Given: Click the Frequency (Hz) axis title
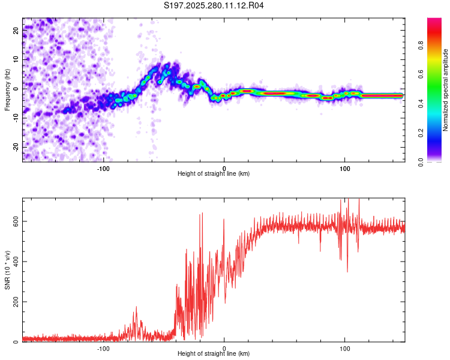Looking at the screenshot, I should [x=7, y=89].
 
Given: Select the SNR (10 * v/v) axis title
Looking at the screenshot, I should [x=7, y=269].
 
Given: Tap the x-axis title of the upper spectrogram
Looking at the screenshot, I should [x=214, y=173].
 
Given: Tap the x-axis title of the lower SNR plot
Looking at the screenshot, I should [x=214, y=353].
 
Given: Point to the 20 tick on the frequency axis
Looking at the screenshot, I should [x=15, y=30].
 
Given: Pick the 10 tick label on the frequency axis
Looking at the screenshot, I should [x=15, y=59].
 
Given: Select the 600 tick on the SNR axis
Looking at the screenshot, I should [x=13, y=221].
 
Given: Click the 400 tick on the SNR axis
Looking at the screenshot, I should [x=13, y=261].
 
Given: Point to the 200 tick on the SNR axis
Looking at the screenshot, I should [x=13, y=302].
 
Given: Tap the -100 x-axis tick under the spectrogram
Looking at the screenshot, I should [x=103, y=167].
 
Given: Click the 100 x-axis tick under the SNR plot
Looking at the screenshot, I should [x=345, y=347].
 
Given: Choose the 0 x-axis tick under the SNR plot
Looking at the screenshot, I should [x=224, y=347].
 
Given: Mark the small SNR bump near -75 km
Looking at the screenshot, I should [x=136, y=308].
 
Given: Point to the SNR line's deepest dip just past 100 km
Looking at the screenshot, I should [x=347, y=271].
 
